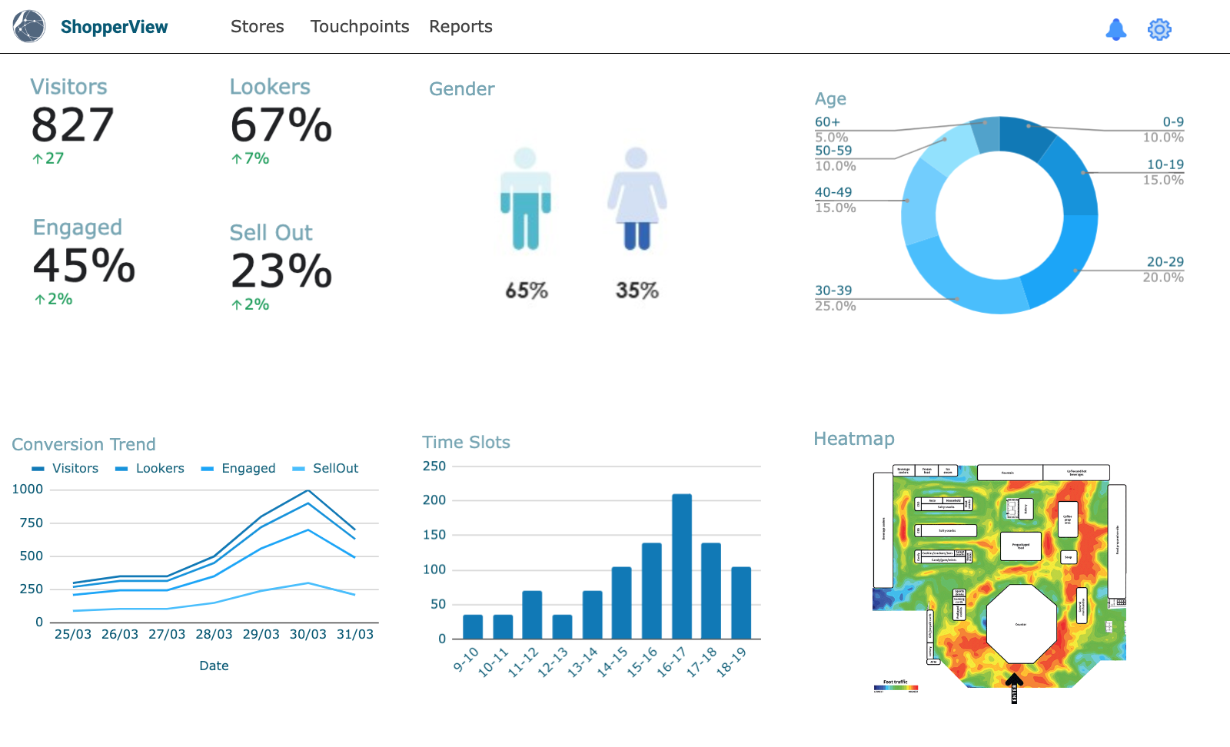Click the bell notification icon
(x=1115, y=29)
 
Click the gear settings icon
(x=1159, y=29)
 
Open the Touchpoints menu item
(x=359, y=27)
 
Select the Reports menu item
(x=460, y=27)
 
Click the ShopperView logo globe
(x=29, y=27)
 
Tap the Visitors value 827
(x=72, y=125)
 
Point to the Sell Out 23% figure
(x=281, y=271)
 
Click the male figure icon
(x=525, y=200)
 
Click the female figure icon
(x=637, y=200)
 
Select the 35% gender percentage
(x=637, y=290)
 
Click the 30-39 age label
(x=833, y=290)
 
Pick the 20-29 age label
(x=1165, y=262)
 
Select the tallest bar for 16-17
(x=681, y=566)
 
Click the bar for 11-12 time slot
(x=532, y=615)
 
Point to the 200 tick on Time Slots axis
(x=434, y=500)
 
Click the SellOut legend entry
(x=335, y=468)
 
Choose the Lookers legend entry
(x=160, y=468)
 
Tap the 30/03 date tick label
(x=307, y=634)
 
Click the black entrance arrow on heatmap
(x=1014, y=682)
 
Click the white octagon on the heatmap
(x=1021, y=623)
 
